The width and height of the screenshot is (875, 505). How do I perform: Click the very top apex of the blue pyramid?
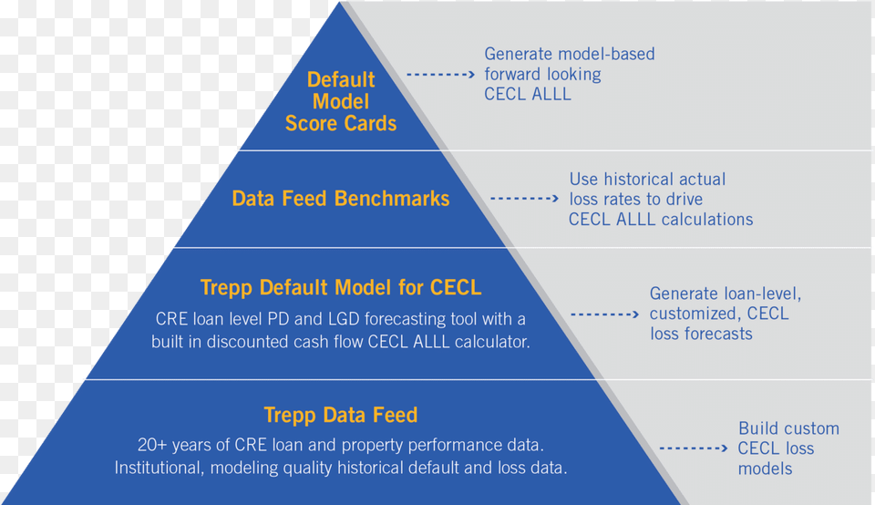[x=339, y=2]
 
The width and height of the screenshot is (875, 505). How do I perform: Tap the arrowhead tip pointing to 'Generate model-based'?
[x=475, y=74]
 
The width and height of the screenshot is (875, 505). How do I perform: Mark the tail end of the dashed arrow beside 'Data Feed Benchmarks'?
[x=491, y=198]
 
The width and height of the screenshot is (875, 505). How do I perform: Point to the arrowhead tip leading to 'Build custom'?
[x=727, y=448]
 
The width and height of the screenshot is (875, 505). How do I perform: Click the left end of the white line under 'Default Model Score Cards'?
[x=240, y=150]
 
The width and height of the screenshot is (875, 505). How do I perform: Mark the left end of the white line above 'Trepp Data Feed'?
[x=86, y=380]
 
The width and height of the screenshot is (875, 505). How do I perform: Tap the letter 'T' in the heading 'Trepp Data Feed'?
[x=270, y=415]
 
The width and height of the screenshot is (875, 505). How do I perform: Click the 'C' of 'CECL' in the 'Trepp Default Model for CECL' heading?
[x=436, y=287]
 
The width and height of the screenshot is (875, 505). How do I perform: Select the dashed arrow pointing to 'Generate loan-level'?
[x=605, y=314]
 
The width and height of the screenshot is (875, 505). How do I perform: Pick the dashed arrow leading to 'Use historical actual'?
[x=525, y=198]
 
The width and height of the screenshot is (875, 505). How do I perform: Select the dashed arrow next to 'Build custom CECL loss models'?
[x=694, y=448]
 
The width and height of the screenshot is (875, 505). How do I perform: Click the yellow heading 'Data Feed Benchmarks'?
[x=340, y=199]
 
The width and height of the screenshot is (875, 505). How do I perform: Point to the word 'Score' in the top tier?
[x=311, y=123]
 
